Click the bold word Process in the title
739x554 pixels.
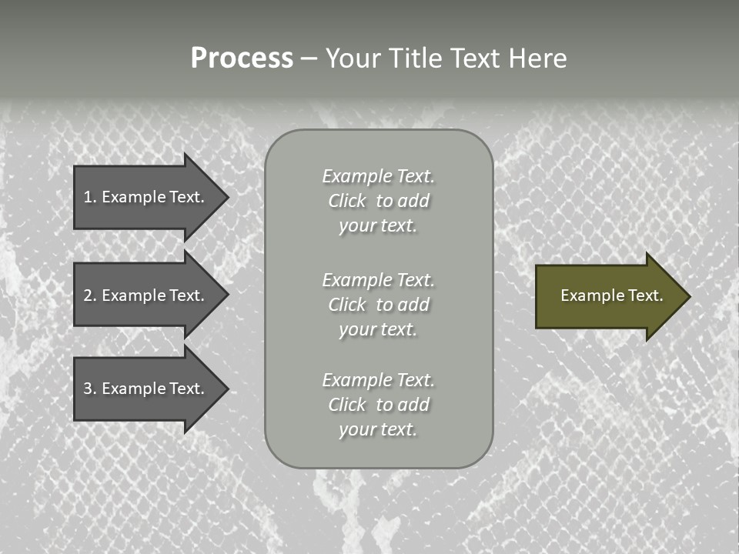click(x=242, y=58)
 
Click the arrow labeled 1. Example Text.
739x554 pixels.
click(x=146, y=197)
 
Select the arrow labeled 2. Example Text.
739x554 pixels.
click(x=146, y=295)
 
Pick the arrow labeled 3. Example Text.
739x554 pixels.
click(x=146, y=389)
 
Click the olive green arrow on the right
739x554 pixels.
click(x=608, y=295)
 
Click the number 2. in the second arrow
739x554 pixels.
click(x=89, y=295)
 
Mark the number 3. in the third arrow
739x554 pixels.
click(x=89, y=389)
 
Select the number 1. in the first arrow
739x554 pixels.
click(x=89, y=197)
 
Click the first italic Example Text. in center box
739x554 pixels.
click(x=378, y=176)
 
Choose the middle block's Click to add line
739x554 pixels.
click(x=378, y=305)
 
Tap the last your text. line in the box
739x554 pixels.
click(x=378, y=429)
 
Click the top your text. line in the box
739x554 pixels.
click(x=378, y=225)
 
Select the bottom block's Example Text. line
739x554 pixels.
click(x=378, y=380)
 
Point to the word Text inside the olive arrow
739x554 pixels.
click(x=645, y=295)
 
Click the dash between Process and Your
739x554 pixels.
click(x=309, y=58)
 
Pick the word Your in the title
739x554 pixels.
click(x=353, y=58)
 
